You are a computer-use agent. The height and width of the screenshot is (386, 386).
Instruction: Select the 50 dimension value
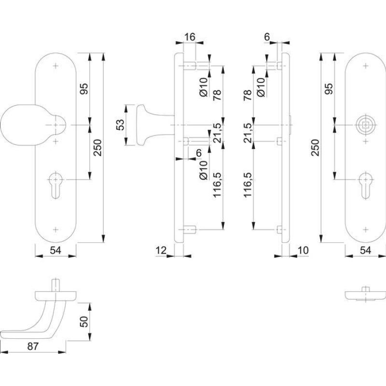click(83, 321)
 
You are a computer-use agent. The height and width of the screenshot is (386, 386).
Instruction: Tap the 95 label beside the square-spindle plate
click(330, 89)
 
